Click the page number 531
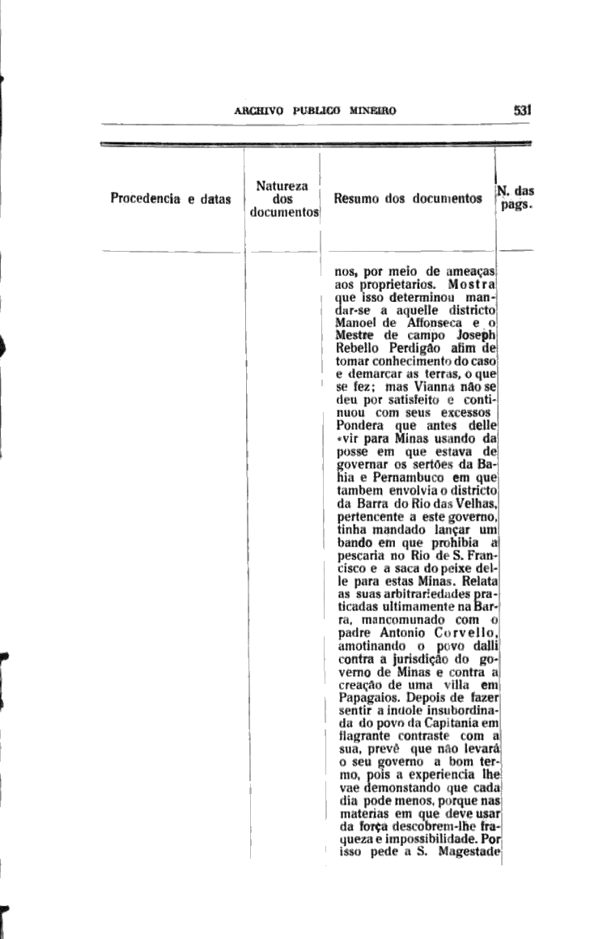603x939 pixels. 521,111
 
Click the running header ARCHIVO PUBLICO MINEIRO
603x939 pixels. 314,112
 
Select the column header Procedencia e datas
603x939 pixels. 171,198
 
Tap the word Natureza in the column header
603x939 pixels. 281,185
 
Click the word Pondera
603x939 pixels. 360,425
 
